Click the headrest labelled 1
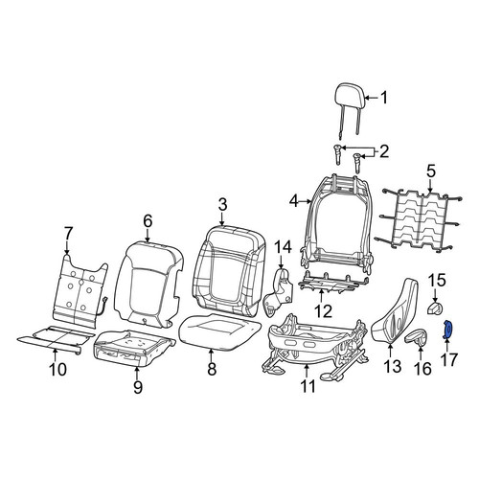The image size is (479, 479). pyautogui.click(x=350, y=97)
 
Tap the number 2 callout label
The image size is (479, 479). pyautogui.click(x=383, y=151)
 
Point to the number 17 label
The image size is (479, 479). pyautogui.click(x=449, y=359)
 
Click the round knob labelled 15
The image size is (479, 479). pyautogui.click(x=436, y=308)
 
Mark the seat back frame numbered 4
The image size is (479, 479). pyautogui.click(x=337, y=223)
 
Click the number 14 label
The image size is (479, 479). pyautogui.click(x=284, y=247)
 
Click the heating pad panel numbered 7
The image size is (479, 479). pyautogui.click(x=80, y=290)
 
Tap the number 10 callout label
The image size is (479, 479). pyautogui.click(x=58, y=369)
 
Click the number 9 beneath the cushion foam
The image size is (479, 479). pyautogui.click(x=138, y=387)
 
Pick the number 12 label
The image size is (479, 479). pyautogui.click(x=323, y=311)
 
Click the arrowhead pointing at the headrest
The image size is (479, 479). pyautogui.click(x=366, y=98)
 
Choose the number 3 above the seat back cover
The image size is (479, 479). pyautogui.click(x=222, y=204)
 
